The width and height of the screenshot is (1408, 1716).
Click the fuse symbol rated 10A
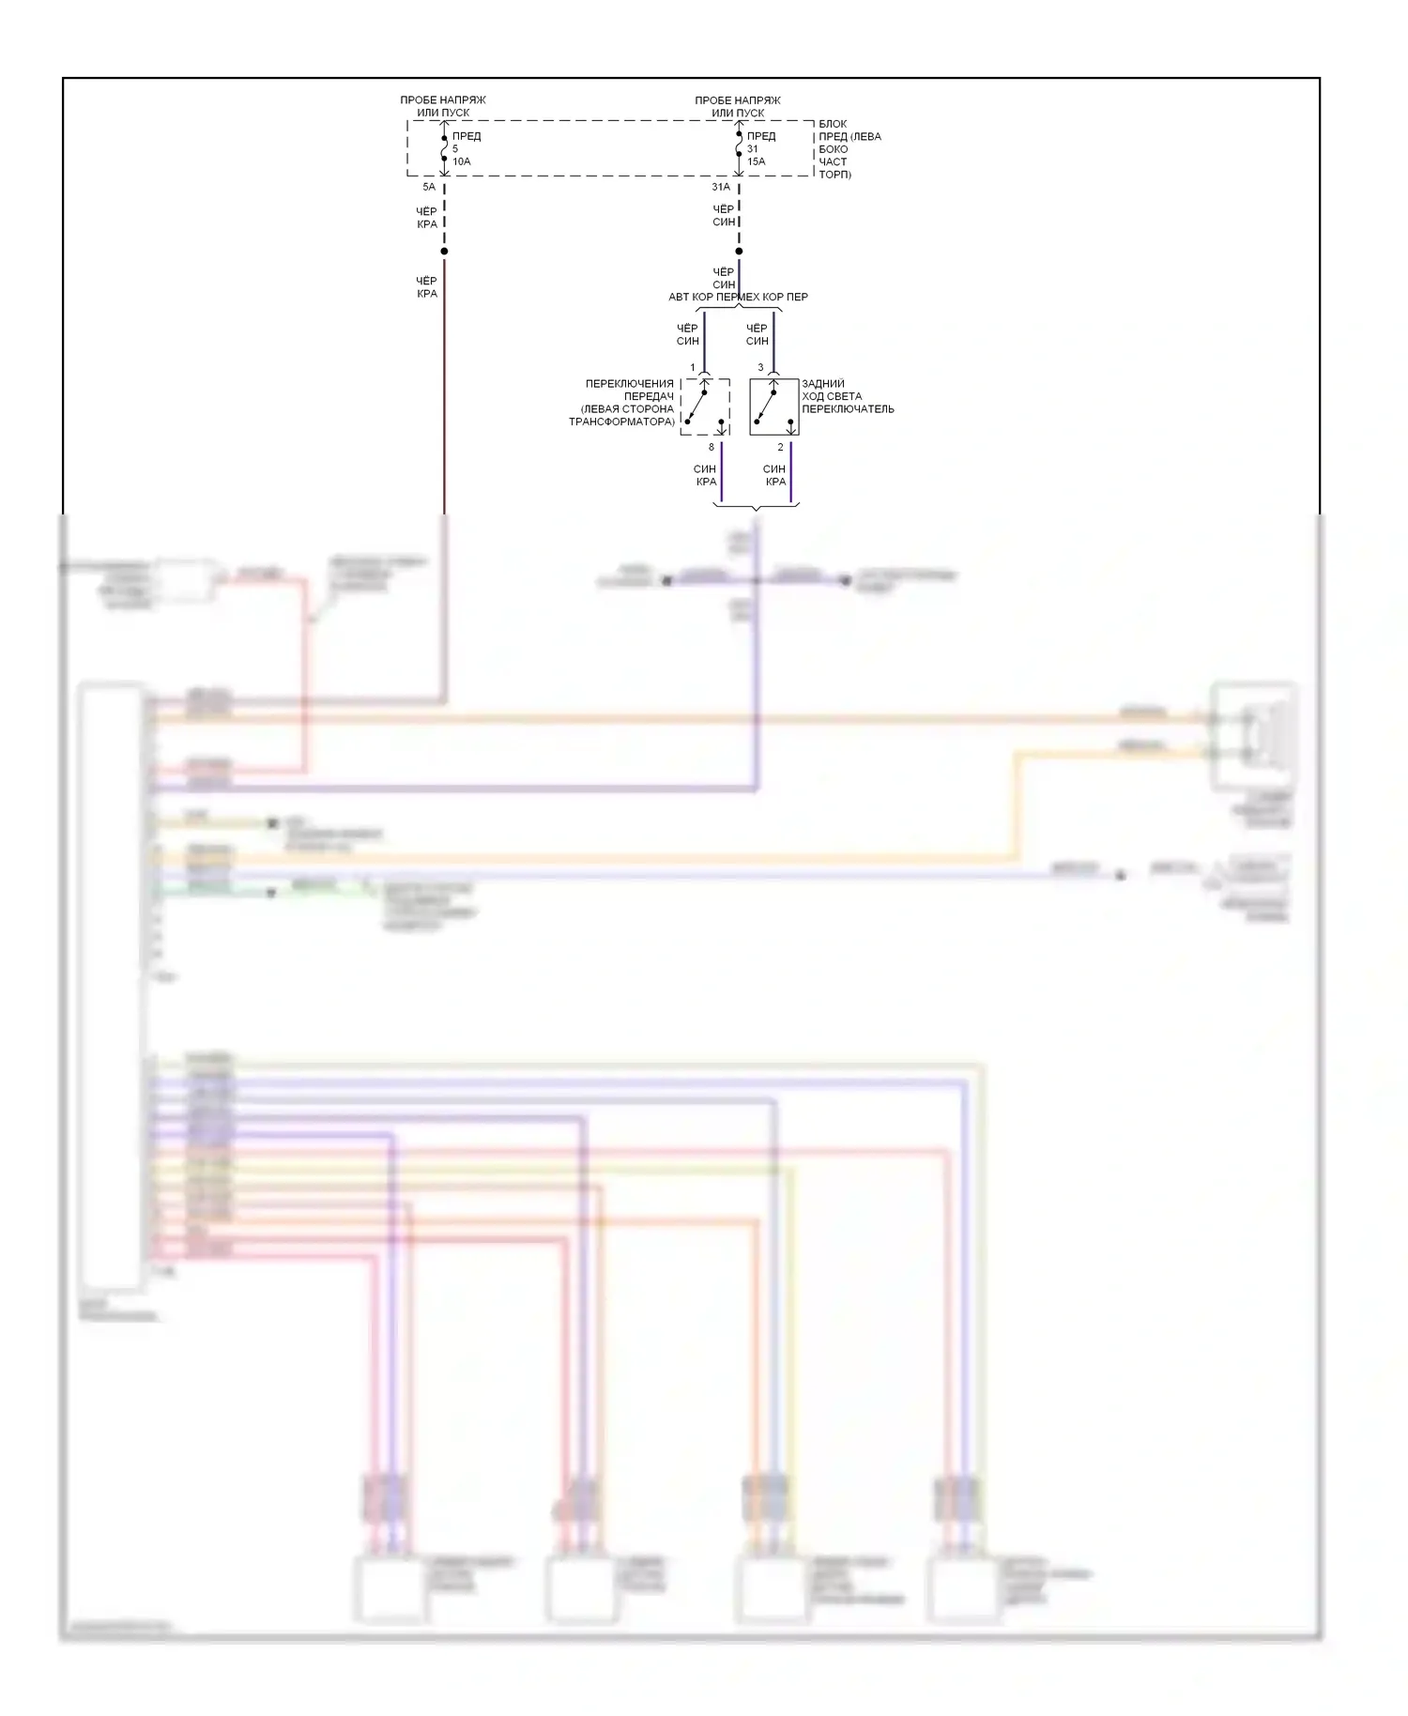(444, 148)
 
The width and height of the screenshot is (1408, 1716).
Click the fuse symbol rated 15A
(739, 148)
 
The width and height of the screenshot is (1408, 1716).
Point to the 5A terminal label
(429, 188)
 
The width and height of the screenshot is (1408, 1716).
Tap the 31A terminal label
(721, 188)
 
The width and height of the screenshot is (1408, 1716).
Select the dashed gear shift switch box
(705, 406)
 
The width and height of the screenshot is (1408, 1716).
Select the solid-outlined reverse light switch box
(773, 406)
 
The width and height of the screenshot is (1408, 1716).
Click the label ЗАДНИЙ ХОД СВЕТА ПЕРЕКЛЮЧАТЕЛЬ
(847, 396)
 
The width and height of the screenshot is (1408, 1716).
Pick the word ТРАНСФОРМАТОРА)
(621, 422)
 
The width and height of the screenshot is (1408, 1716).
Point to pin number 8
(712, 447)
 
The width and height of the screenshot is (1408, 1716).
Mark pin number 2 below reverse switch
(780, 447)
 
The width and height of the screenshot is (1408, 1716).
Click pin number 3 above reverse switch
(760, 367)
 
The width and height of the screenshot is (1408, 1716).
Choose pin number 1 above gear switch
(693, 367)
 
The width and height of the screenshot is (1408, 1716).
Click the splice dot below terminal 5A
(444, 252)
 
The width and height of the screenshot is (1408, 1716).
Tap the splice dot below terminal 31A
(739, 252)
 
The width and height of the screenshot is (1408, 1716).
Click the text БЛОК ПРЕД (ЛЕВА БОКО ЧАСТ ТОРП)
(849, 149)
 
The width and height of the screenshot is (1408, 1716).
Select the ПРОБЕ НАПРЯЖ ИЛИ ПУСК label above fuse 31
(738, 106)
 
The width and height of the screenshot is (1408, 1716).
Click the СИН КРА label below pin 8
(705, 475)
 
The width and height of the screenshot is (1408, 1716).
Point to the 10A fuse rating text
(462, 161)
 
